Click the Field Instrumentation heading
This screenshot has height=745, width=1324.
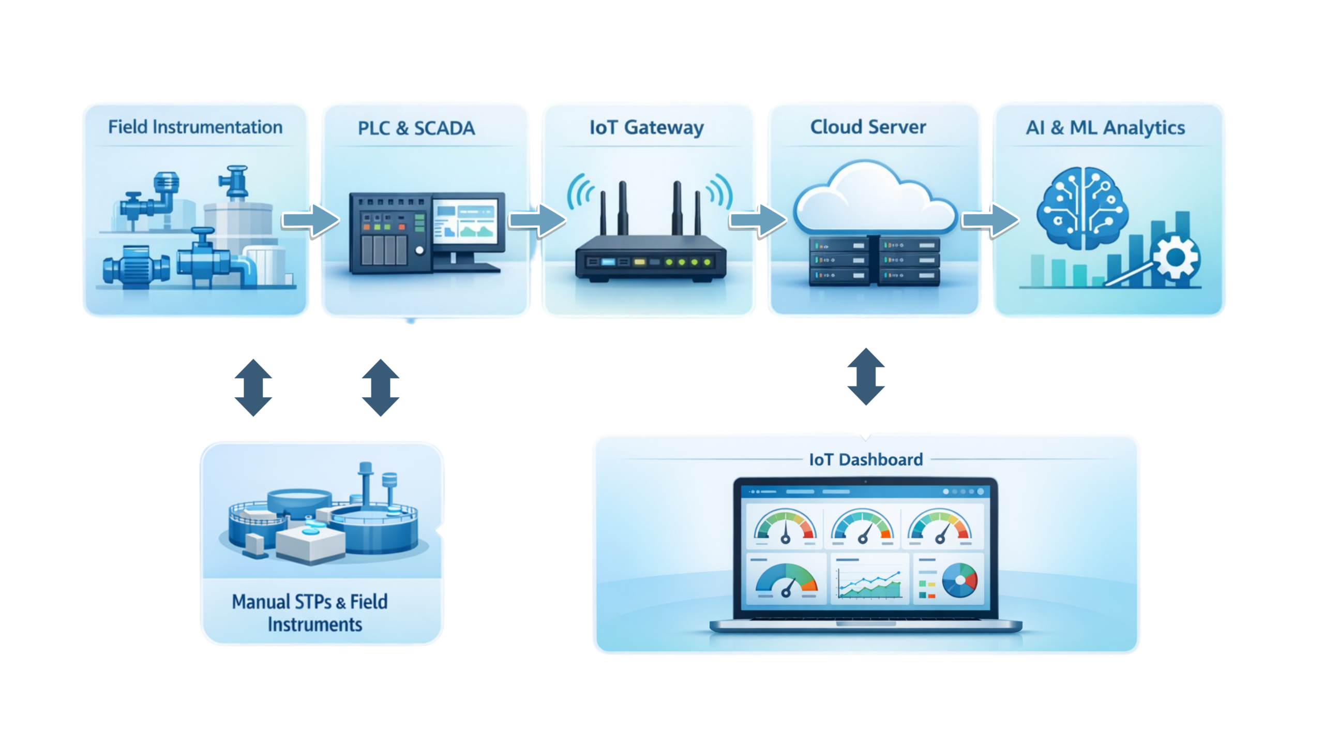[x=195, y=127]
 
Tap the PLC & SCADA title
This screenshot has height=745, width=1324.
[x=416, y=128]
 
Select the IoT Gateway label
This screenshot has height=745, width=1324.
[x=646, y=128]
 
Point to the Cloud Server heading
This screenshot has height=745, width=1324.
[x=868, y=127]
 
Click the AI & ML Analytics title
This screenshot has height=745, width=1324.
[x=1105, y=128]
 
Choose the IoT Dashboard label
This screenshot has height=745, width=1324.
[x=866, y=459]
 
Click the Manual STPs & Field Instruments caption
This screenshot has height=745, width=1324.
[x=310, y=613]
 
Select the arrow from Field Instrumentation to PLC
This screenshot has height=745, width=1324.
[x=310, y=220]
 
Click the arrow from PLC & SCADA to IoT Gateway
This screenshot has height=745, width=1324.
[x=537, y=220]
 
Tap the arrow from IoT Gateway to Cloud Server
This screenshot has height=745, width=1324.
[x=757, y=220]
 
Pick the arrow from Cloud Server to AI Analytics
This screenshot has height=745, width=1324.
[x=989, y=220]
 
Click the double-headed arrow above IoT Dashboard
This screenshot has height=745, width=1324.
[x=866, y=377]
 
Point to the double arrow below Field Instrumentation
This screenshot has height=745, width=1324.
[x=253, y=388]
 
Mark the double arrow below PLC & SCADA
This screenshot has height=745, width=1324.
[x=381, y=388]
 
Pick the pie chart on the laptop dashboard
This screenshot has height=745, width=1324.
[x=960, y=580]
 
